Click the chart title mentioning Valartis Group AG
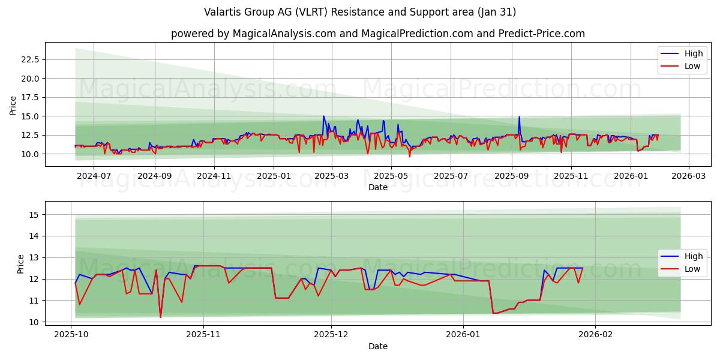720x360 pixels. (360, 12)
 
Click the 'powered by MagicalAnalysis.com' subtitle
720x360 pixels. (378, 34)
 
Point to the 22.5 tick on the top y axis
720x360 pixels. (30, 59)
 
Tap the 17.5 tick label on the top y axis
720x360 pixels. (30, 97)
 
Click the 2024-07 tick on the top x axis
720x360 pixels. (95, 176)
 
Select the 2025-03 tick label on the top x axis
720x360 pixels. (332, 176)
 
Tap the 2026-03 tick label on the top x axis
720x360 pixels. (688, 176)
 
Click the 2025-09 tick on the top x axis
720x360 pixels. (512, 176)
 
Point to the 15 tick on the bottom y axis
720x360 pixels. (34, 215)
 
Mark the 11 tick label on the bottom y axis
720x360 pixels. (34, 301)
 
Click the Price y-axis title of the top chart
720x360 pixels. (13, 105)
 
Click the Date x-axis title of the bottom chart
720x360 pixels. (378, 346)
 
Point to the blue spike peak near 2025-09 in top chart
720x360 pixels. (519, 116)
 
